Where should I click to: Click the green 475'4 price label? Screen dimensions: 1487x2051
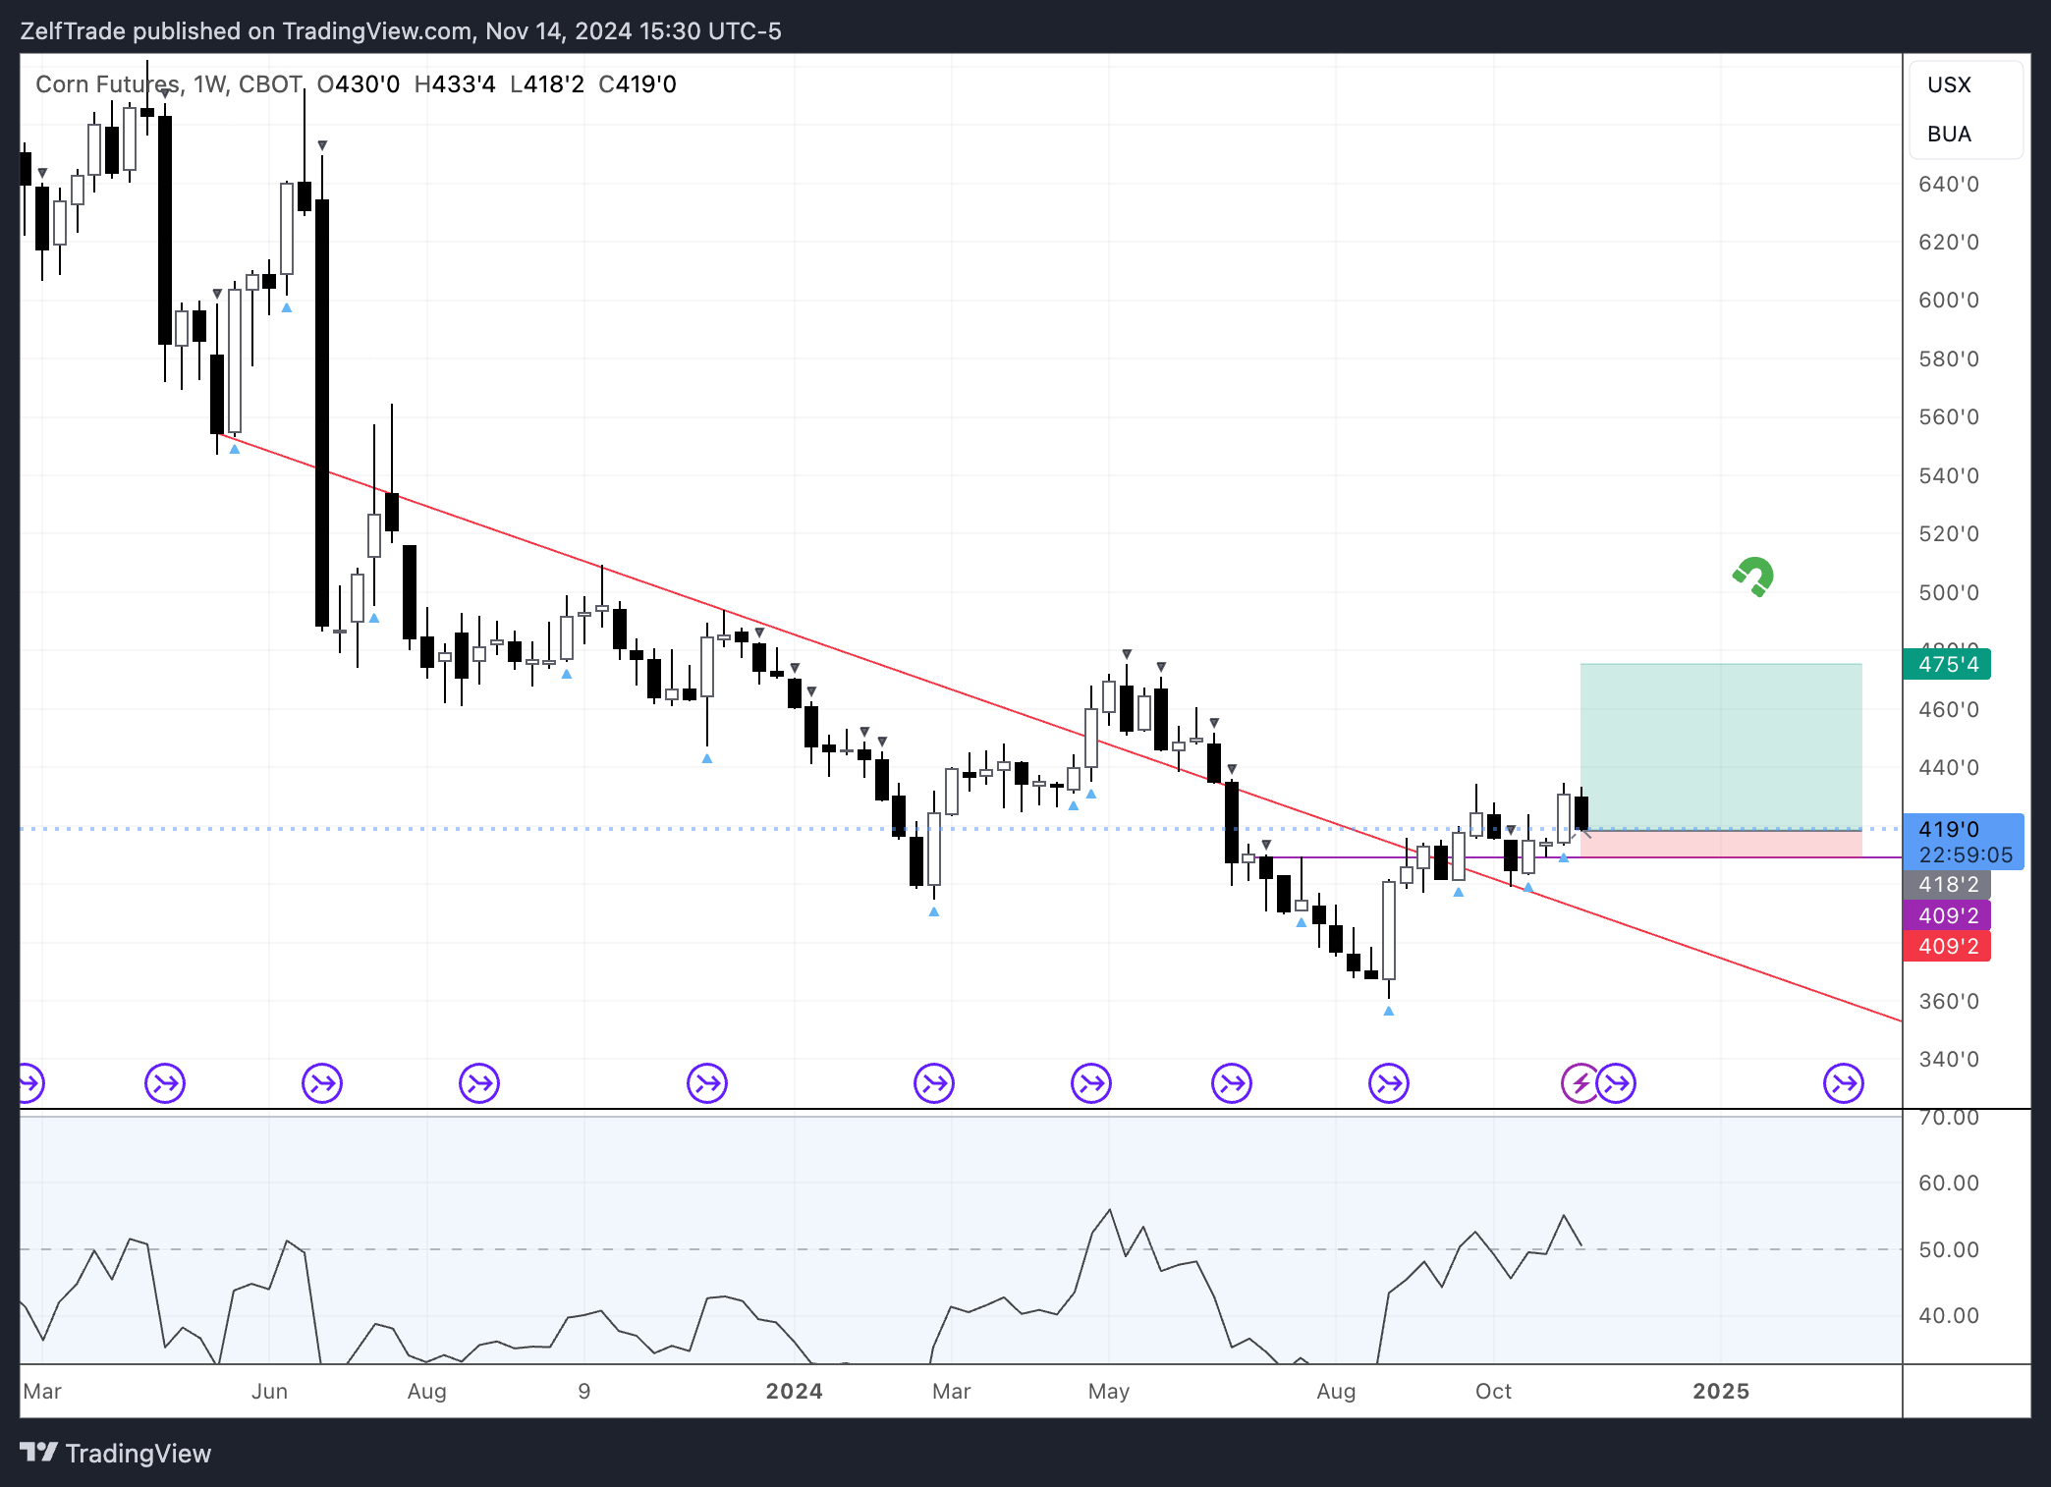pyautogui.click(x=1947, y=665)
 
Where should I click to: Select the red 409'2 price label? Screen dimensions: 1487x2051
pyautogui.click(x=1947, y=947)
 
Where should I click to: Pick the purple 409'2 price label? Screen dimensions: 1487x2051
pyautogui.click(x=1947, y=915)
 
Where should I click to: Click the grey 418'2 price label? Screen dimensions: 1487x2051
pyautogui.click(x=1947, y=884)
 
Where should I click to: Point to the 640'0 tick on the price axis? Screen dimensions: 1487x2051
pyautogui.click(x=1949, y=185)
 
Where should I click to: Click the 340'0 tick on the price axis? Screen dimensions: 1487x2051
pyautogui.click(x=1949, y=1060)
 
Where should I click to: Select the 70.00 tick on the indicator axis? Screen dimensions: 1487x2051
pyautogui.click(x=1949, y=1118)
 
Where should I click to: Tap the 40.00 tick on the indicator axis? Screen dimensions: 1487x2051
pyautogui.click(x=1949, y=1316)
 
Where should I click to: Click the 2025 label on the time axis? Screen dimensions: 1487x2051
pyautogui.click(x=1721, y=1392)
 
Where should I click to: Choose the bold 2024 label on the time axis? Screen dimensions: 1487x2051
pyautogui.click(x=794, y=1392)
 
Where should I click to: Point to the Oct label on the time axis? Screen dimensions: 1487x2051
pyautogui.click(x=1493, y=1392)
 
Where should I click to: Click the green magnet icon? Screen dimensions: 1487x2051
pyautogui.click(x=1753, y=577)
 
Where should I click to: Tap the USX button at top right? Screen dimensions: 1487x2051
pyautogui.click(x=1949, y=85)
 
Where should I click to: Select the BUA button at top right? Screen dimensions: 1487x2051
pyautogui.click(x=1949, y=135)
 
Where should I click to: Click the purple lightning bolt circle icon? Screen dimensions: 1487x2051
pyautogui.click(x=1580, y=1084)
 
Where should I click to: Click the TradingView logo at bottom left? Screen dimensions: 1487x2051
pyautogui.click(x=116, y=1454)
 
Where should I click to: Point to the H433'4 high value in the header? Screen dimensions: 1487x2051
pyautogui.click(x=455, y=84)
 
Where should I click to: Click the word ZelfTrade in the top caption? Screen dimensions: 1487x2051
pyautogui.click(x=73, y=31)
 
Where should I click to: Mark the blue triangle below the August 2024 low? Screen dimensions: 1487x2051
pyautogui.click(x=1389, y=1011)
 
